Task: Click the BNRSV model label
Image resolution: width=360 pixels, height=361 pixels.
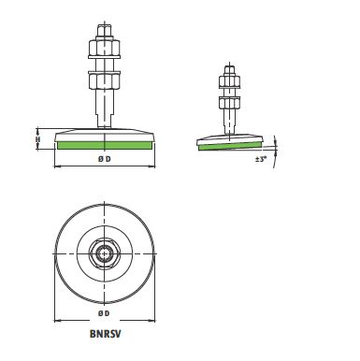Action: [x=105, y=334]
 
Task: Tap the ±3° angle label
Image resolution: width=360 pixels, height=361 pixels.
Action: [x=261, y=159]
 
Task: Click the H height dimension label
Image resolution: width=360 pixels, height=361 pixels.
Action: [x=38, y=139]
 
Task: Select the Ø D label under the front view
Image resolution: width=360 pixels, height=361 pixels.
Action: [x=105, y=159]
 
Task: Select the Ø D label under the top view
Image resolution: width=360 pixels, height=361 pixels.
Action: [x=104, y=313]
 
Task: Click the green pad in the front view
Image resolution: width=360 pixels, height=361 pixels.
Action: [x=105, y=145]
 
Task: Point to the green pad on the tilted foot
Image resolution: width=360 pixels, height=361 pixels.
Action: [x=230, y=145]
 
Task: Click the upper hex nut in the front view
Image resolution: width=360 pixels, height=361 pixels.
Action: [x=105, y=47]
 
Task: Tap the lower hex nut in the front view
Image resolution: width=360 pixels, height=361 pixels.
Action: [x=105, y=80]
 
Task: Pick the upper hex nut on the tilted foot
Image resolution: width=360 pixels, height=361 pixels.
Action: [x=229, y=81]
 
